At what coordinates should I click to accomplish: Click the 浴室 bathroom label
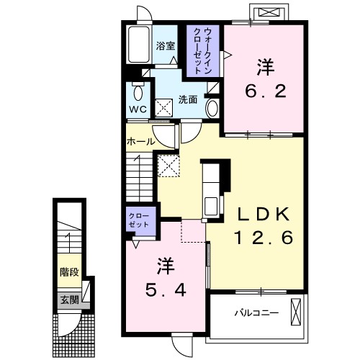[166, 46]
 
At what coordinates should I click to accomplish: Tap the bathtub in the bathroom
[139, 45]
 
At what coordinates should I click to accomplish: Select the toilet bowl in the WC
[138, 91]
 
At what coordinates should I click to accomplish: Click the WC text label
[138, 109]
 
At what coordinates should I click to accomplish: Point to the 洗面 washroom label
[188, 99]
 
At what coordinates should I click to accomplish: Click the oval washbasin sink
[212, 109]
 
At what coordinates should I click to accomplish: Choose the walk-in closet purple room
[203, 51]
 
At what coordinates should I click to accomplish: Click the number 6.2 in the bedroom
[266, 91]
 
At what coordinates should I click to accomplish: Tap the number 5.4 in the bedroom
[166, 290]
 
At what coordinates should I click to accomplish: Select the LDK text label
[264, 215]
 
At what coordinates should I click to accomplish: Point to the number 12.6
[264, 237]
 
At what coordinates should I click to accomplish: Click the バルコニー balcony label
[256, 312]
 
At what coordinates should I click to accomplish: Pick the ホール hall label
[140, 142]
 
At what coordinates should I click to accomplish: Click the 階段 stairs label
[69, 272]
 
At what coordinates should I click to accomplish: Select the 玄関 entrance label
[69, 300]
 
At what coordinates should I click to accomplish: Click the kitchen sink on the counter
[211, 206]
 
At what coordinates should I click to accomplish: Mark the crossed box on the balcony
[296, 312]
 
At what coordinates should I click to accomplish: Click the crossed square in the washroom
[163, 108]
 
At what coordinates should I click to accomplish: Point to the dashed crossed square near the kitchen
[168, 166]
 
